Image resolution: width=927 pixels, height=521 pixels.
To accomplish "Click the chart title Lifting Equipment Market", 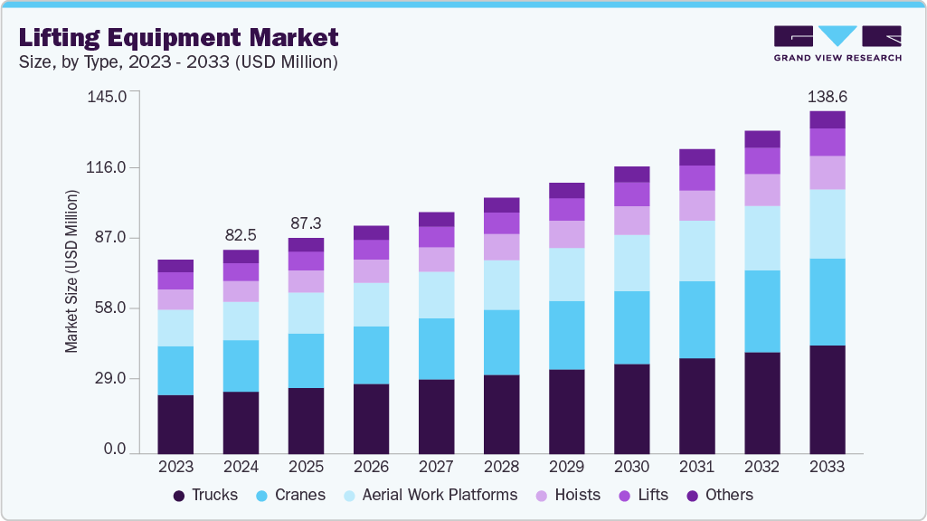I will click(x=178, y=37).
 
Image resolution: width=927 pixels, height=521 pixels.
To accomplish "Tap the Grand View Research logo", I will click(x=837, y=43).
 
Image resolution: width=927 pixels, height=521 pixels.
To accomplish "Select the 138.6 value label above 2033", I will click(x=827, y=96).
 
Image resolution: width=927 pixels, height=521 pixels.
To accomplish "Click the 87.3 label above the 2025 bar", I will click(x=306, y=223).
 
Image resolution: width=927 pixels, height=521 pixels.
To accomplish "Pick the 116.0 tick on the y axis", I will click(x=119, y=167).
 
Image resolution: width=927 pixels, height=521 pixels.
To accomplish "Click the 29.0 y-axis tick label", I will click(x=119, y=379).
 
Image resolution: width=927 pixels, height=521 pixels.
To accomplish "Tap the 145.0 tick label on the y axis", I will click(x=119, y=96).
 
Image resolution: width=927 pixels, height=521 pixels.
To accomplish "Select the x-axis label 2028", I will click(x=501, y=467).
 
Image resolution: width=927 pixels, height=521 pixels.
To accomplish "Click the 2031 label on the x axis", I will click(x=696, y=467).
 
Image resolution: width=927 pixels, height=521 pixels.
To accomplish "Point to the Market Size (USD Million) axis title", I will click(x=71, y=271).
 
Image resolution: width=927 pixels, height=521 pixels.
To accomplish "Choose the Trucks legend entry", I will click(x=205, y=495).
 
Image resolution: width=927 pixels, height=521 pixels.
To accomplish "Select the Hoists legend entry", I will click(x=567, y=495).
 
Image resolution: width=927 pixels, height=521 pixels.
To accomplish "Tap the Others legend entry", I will click(x=720, y=495).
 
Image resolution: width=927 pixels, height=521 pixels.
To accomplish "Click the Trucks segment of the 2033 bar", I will click(x=827, y=399).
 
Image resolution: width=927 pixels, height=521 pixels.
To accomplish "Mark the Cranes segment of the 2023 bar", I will click(x=175, y=371).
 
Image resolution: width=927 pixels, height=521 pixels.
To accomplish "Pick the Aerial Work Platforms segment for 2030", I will click(x=631, y=263).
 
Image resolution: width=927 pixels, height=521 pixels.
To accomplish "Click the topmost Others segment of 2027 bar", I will click(x=436, y=219).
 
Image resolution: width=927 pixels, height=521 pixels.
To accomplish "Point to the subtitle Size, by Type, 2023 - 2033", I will click(x=178, y=62).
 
